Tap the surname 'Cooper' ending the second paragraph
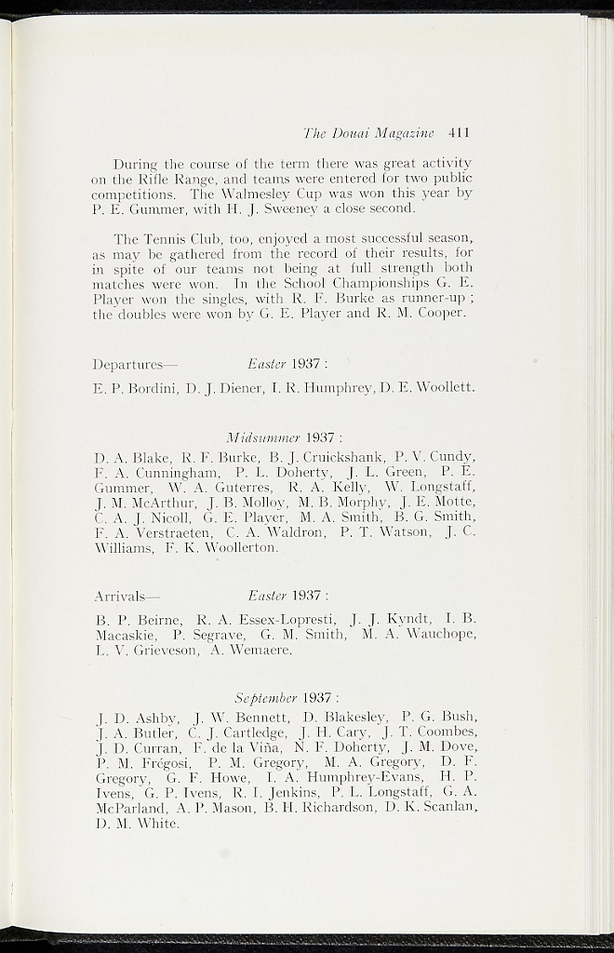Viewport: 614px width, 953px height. [438, 314]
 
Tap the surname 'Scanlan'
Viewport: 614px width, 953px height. [447, 808]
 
